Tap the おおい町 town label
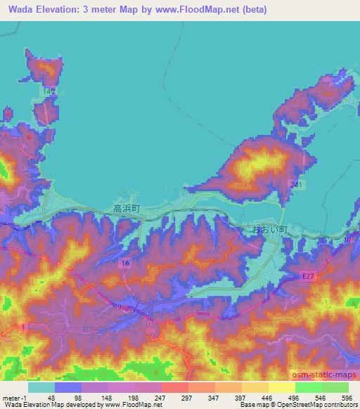[265, 229]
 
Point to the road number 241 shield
[298, 184]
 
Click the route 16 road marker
[125, 262]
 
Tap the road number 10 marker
[347, 241]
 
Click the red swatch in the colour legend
[175, 387]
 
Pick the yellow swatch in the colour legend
[282, 387]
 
